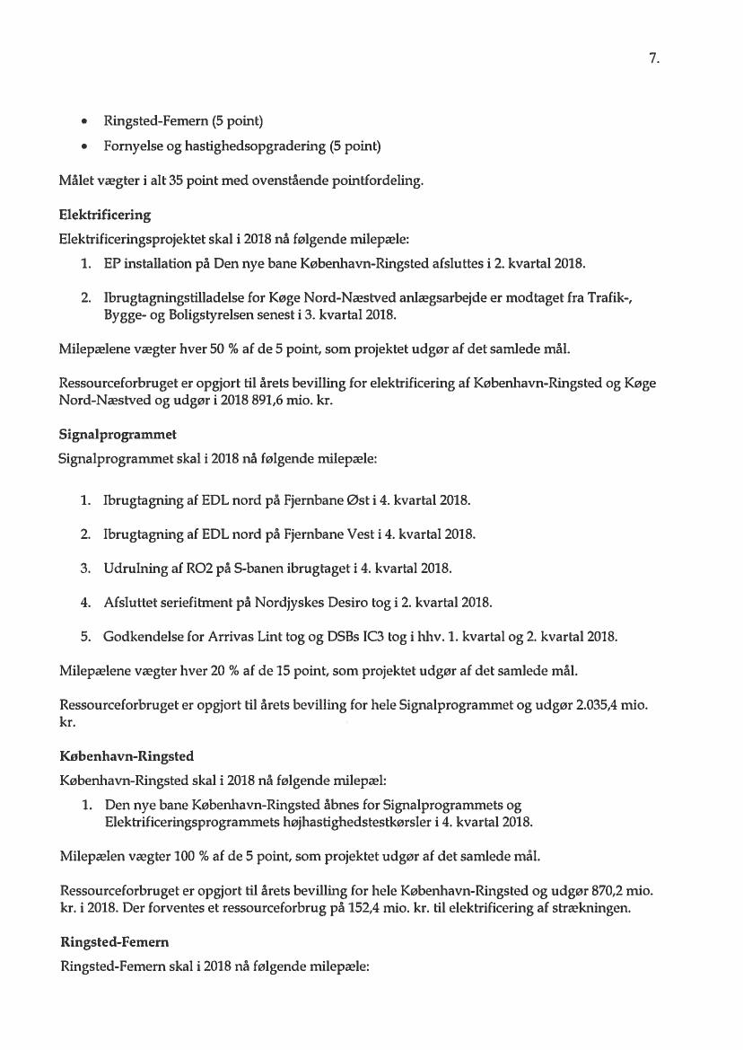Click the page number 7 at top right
click(x=654, y=59)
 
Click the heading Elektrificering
click(x=104, y=215)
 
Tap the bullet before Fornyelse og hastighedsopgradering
click(x=83, y=146)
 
